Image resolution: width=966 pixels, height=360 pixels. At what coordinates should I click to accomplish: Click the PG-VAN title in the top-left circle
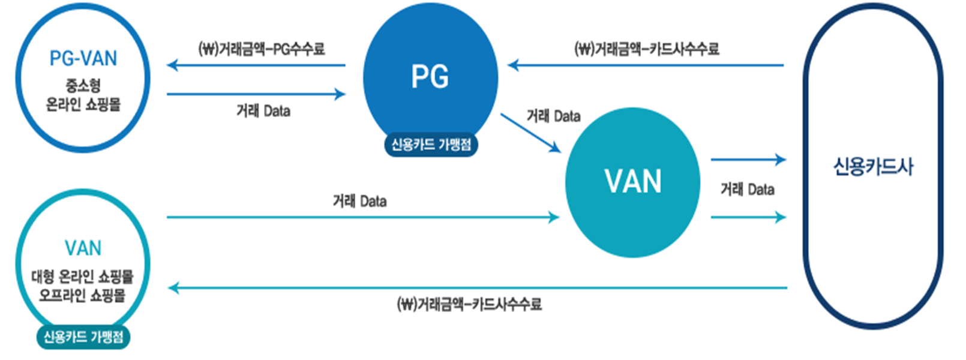[83, 58]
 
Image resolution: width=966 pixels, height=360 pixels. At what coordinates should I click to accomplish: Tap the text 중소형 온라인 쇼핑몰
[83, 95]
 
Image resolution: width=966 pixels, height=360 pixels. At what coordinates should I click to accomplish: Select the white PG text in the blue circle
[430, 77]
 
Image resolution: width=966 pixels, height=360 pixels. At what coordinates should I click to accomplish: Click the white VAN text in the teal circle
[633, 181]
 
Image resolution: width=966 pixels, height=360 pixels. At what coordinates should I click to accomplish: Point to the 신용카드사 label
[873, 166]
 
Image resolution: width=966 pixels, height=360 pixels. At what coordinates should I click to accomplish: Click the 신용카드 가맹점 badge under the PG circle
[431, 145]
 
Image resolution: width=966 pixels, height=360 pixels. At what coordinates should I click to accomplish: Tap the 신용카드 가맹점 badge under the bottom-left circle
[83, 337]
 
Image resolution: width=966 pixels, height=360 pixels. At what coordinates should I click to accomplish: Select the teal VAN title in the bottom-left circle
[83, 248]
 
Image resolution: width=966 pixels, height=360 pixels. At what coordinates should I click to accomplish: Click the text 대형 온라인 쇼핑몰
[83, 277]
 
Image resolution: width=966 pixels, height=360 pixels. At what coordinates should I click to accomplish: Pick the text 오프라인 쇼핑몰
[83, 295]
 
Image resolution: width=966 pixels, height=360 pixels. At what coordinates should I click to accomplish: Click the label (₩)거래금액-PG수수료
[262, 49]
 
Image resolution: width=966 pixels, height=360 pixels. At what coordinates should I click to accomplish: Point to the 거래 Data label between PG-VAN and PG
[263, 111]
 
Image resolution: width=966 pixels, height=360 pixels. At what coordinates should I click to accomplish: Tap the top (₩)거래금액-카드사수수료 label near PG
[647, 49]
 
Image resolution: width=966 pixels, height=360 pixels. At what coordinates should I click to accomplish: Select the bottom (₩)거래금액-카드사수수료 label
[469, 304]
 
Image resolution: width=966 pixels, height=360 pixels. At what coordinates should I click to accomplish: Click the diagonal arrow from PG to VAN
[530, 133]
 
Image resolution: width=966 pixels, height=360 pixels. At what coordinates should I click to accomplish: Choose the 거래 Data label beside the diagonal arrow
[553, 116]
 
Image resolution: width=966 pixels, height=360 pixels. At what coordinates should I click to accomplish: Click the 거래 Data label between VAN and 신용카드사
[747, 190]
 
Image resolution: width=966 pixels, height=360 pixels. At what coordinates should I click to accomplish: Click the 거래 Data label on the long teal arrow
[359, 201]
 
